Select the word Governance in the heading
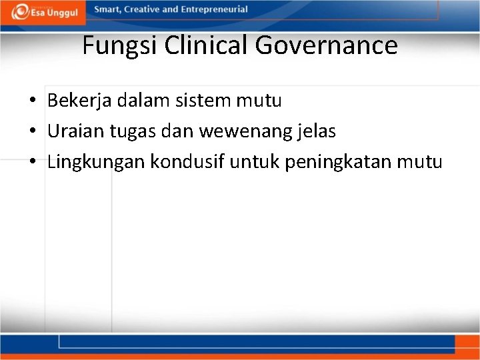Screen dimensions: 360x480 [327, 45]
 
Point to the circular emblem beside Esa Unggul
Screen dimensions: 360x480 [21, 11]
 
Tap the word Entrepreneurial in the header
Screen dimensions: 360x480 [219, 10]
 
